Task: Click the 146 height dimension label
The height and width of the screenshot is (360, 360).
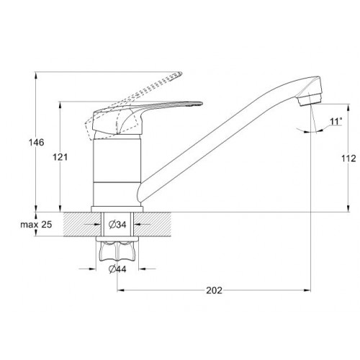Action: point(37,143)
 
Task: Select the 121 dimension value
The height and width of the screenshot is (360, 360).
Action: point(60,157)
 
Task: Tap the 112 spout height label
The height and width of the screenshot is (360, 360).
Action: point(348,158)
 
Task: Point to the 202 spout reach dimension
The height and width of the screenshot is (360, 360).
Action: point(214,290)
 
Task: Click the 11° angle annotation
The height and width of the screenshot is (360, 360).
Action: point(336,122)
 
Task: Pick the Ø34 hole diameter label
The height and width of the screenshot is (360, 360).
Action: point(117,225)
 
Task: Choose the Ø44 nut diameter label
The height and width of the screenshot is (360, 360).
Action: point(117,269)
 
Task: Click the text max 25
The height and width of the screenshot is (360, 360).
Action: point(36,225)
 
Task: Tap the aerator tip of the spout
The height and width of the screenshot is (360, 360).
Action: point(310,100)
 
